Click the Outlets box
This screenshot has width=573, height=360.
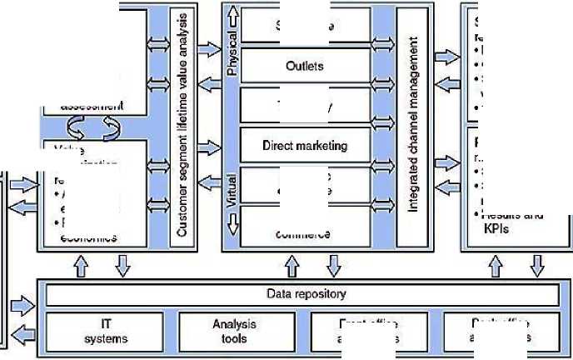304,66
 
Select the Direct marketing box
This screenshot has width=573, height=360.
304,145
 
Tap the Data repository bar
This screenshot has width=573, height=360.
301,294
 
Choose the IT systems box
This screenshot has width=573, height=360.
106,332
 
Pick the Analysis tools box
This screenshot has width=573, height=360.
240,332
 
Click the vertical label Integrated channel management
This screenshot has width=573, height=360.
412,127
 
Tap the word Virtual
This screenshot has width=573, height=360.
233,188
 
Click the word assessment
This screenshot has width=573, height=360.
92,106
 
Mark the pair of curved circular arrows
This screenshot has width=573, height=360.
92,127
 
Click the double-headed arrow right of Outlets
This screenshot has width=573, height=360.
383,65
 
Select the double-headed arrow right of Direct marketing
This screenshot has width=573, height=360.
383,145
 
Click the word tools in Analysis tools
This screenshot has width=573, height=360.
240,338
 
